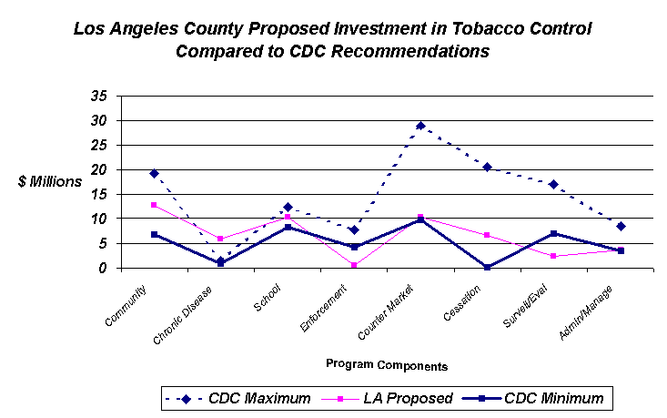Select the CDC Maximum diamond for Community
pos(155,173)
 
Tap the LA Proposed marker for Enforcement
pos(354,265)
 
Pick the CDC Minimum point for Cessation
pos(488,267)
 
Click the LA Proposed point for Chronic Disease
pos(220,239)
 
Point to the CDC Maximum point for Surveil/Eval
pos(553,184)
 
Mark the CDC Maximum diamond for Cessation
pos(488,167)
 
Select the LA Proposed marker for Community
pos(155,205)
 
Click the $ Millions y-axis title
pos(50,181)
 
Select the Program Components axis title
pos(387,366)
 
